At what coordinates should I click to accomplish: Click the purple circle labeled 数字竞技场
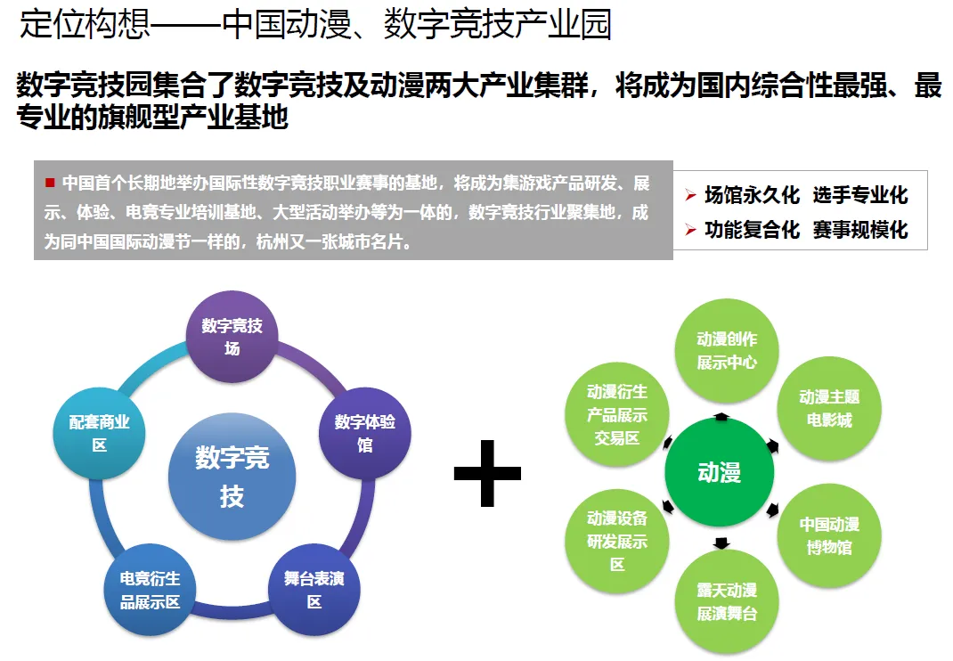pos(232,337)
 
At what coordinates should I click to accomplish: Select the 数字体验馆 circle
pos(365,432)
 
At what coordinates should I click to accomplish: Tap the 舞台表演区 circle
pos(314,589)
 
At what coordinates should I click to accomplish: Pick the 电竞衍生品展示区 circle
pos(150,589)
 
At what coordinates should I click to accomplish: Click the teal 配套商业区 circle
pos(99,432)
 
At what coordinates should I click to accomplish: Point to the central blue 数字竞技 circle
pos(232,477)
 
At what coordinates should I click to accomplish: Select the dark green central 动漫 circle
pos(719,472)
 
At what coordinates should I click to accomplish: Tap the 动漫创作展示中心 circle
pos(727,350)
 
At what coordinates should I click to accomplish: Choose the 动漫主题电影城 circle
pos(829,407)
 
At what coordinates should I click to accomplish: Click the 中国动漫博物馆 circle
pos(829,535)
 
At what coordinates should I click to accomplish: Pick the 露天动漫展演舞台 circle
pos(727,601)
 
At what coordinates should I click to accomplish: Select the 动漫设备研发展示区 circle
pos(617,541)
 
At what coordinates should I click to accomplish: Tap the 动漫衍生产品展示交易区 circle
pos(617,413)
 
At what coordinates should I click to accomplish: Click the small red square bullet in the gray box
pos(50,183)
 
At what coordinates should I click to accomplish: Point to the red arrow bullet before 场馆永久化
pos(690,196)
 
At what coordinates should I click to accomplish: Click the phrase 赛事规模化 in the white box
pos(860,230)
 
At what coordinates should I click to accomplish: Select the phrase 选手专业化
pos(860,196)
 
